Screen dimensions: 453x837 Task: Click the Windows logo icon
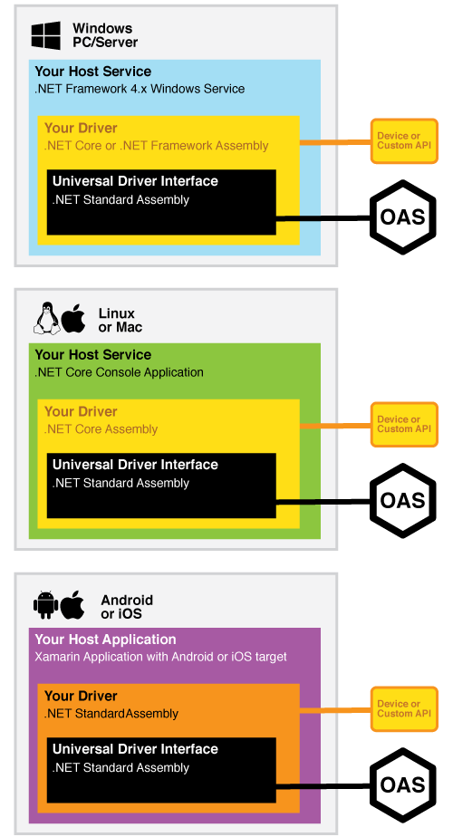(x=45, y=35)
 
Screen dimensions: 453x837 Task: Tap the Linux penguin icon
(x=47, y=319)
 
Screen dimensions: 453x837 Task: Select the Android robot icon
(x=45, y=605)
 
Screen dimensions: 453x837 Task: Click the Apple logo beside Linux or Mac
(x=73, y=319)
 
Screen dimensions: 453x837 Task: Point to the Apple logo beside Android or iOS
(x=72, y=605)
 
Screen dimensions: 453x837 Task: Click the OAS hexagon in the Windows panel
(x=402, y=216)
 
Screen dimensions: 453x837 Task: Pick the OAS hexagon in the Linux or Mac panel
(x=402, y=500)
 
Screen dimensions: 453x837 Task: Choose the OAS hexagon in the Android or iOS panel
(x=402, y=784)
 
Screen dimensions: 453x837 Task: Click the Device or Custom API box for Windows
(x=404, y=141)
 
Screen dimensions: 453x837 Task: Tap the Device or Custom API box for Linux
(x=404, y=424)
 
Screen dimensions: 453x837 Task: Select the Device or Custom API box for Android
(x=404, y=709)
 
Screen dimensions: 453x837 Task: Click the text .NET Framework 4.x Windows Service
(x=140, y=89)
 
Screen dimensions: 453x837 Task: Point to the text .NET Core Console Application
(x=119, y=372)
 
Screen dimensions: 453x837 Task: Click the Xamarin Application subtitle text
(x=160, y=657)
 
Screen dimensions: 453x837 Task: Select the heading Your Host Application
(x=105, y=640)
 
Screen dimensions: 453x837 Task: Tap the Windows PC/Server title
(x=105, y=35)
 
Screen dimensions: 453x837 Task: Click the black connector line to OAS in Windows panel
(x=323, y=218)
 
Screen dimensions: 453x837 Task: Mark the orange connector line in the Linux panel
(x=335, y=426)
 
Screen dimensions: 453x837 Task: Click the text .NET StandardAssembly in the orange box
(x=111, y=714)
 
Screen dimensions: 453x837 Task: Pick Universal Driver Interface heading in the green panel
(x=135, y=465)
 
